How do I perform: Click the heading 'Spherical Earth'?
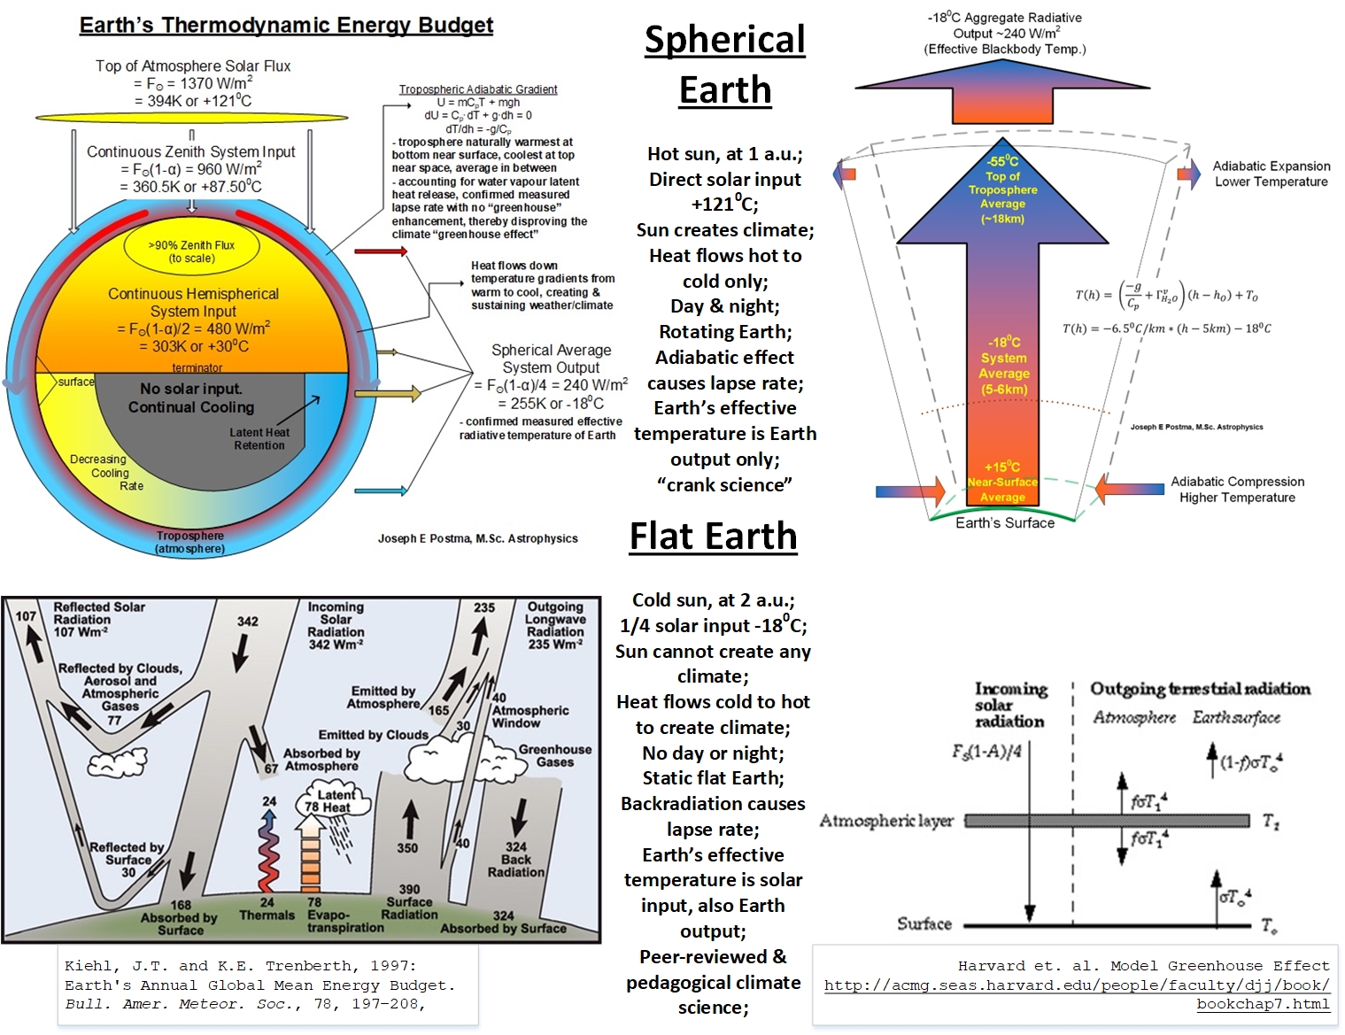(x=725, y=65)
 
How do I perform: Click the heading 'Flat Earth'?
(x=713, y=537)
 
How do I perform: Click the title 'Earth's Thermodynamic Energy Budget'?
(x=286, y=25)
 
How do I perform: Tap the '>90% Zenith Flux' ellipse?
(x=191, y=251)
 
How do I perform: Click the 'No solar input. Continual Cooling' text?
(x=191, y=398)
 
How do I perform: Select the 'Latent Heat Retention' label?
(x=259, y=439)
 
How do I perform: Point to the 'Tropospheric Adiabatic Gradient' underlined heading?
(x=478, y=89)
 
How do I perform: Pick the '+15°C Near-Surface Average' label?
(x=1002, y=482)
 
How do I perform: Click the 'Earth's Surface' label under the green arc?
(x=1005, y=523)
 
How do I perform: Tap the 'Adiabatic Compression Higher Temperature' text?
(x=1237, y=490)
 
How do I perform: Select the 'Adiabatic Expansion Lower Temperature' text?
(x=1271, y=174)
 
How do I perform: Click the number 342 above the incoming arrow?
(x=248, y=622)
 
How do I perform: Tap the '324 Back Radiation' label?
(x=516, y=859)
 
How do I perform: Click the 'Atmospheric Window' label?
(x=530, y=716)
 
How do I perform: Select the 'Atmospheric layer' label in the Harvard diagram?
(x=886, y=821)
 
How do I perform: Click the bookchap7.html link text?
(x=1263, y=1004)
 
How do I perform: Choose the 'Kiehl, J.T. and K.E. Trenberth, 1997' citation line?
(x=240, y=966)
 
